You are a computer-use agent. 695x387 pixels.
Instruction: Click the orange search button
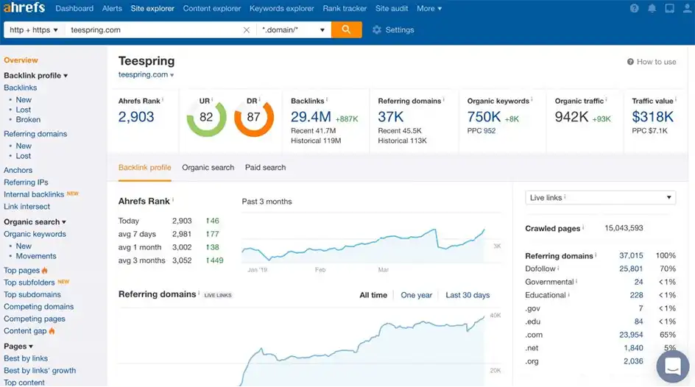(x=346, y=30)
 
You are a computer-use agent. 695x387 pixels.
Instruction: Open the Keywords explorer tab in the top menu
(x=281, y=9)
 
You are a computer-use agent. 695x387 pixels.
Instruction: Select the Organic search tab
(x=208, y=168)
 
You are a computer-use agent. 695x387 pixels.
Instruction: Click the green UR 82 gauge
(x=206, y=117)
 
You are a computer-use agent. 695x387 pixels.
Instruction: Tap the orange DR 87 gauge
(x=253, y=117)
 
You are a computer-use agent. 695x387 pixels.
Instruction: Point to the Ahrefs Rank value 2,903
(x=136, y=117)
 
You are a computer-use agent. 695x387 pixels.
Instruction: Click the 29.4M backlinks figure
(x=311, y=117)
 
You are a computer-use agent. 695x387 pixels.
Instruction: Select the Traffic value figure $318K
(x=652, y=117)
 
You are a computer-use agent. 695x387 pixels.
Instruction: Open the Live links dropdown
(x=600, y=197)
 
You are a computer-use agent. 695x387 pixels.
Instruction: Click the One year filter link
(x=416, y=295)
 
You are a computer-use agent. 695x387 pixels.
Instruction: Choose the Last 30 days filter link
(x=468, y=295)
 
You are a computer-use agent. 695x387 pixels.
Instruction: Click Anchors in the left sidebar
(x=18, y=170)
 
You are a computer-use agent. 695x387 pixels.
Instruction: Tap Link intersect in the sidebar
(x=27, y=207)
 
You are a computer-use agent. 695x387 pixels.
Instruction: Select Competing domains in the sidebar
(x=38, y=307)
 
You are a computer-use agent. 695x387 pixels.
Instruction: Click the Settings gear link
(x=393, y=30)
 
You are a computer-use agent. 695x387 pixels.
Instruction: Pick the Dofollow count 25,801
(x=631, y=269)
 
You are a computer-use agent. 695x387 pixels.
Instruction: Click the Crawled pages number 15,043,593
(x=624, y=228)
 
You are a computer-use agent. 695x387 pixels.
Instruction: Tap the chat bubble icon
(x=672, y=366)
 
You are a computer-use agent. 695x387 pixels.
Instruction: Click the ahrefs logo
(x=24, y=8)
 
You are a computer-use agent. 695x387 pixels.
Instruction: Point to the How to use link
(x=652, y=62)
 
